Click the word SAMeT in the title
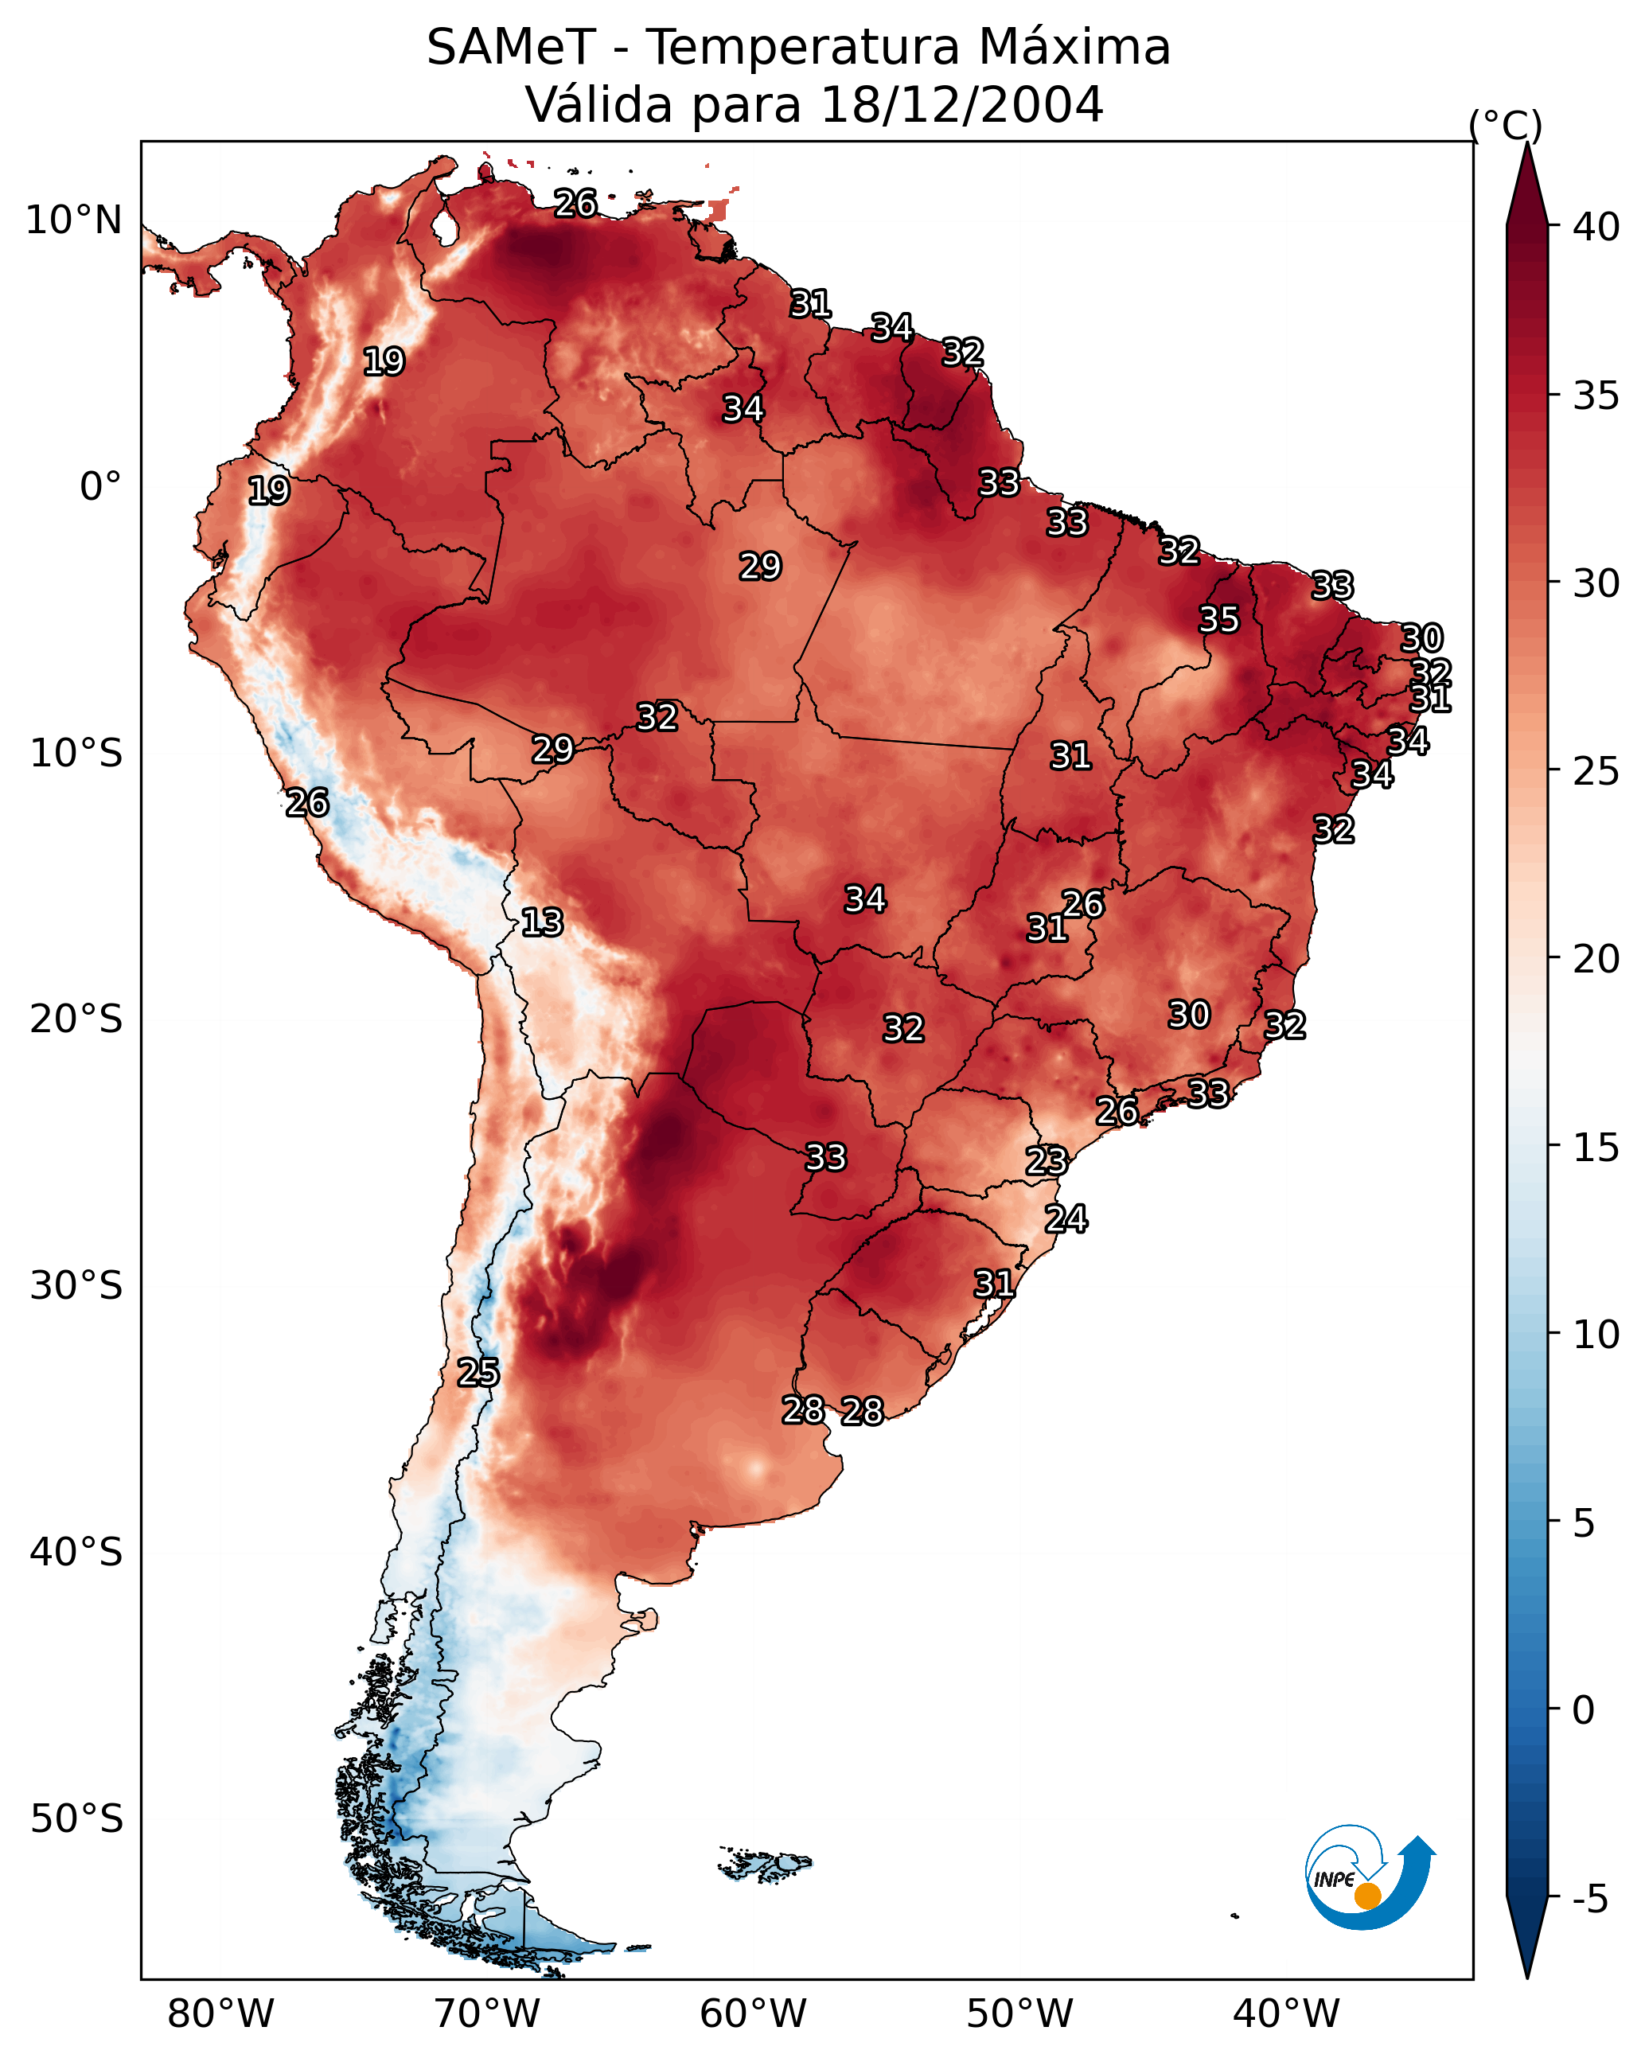[x=511, y=48]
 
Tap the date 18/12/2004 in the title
[x=961, y=105]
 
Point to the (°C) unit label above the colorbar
[x=1505, y=125]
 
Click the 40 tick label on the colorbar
[x=1596, y=227]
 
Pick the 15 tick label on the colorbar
[x=1596, y=1148]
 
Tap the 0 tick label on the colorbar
[x=1583, y=1710]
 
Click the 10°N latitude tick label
[x=73, y=220]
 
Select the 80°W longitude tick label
[x=220, y=2013]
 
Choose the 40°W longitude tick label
[x=1286, y=2013]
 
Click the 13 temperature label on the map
[x=542, y=922]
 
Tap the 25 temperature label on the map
[x=478, y=1373]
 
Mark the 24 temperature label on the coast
[x=1066, y=1219]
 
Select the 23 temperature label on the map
[x=1047, y=1161]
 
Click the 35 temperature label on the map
[x=1219, y=619]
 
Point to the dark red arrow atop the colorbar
[x=1526, y=186]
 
